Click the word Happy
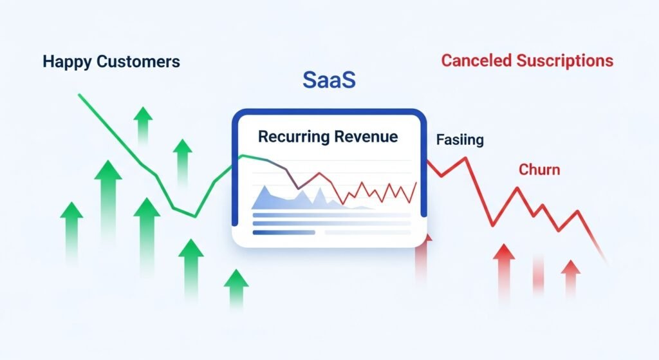(67, 62)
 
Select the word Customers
(138, 61)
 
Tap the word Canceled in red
(476, 61)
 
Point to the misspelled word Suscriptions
(565, 61)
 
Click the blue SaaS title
(329, 79)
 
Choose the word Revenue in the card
(366, 137)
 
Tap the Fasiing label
(459, 139)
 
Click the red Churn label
(539, 169)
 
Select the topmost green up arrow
(143, 125)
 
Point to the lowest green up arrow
(236, 288)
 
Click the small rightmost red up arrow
(570, 277)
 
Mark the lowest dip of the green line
(195, 216)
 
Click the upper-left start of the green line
(79, 95)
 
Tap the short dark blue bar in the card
(284, 232)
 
